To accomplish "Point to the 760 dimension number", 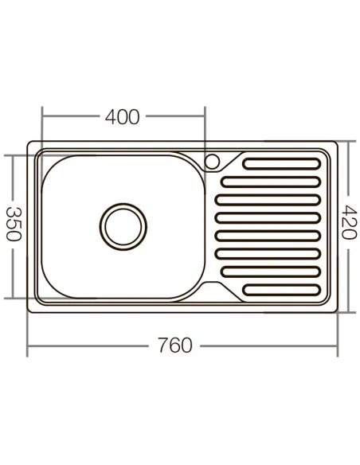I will coord(174,346).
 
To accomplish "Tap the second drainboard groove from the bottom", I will coord(271,271).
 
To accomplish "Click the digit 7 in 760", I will coord(162,346).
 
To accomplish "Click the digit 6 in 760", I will coord(174,346).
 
